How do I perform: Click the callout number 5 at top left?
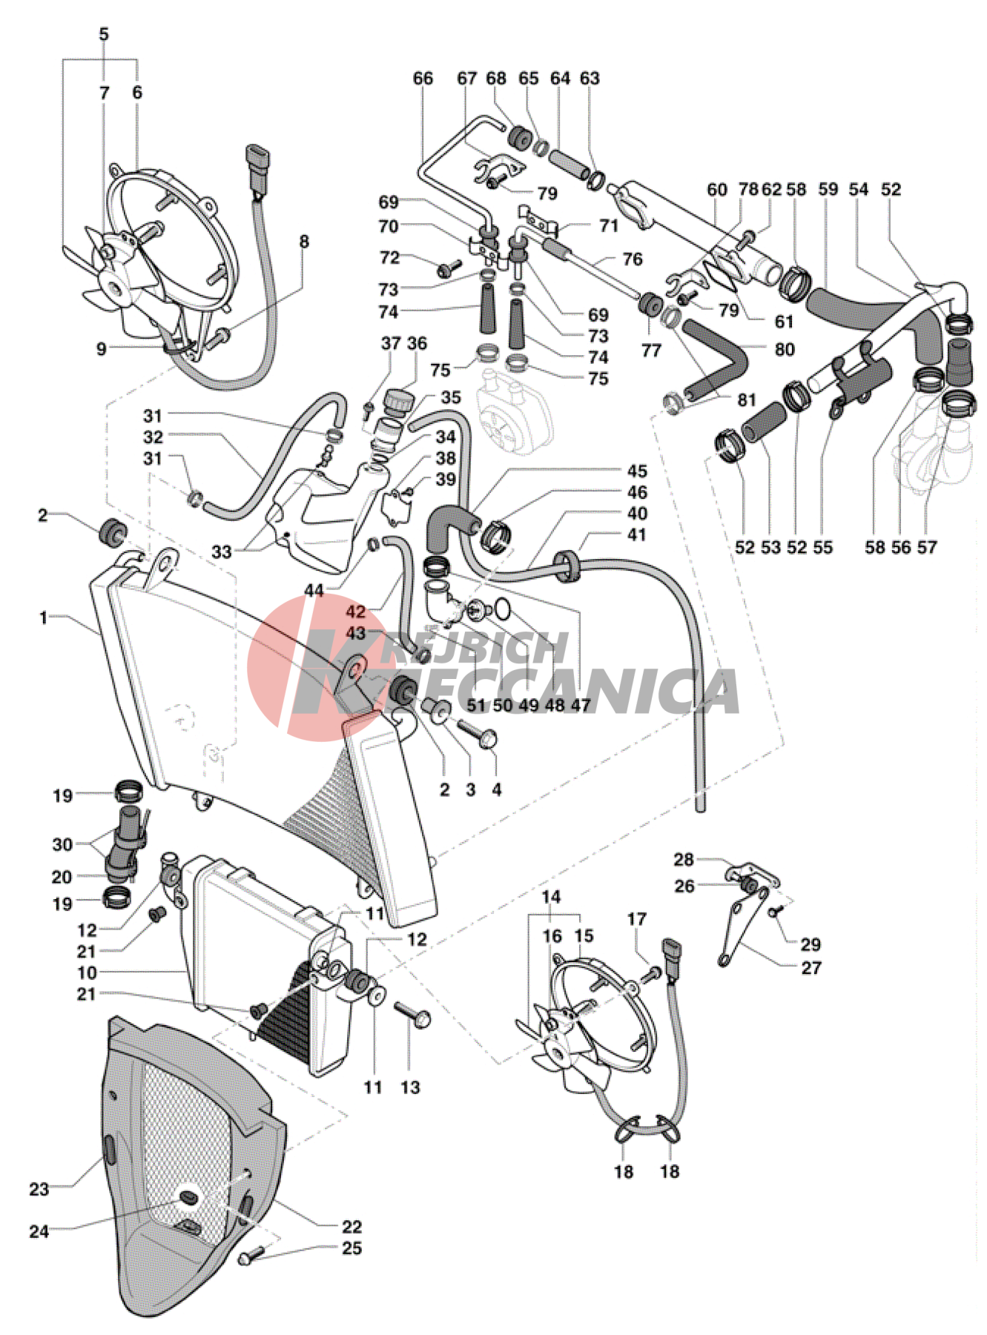pos(104,34)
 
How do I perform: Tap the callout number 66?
pos(423,79)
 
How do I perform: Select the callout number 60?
pos(716,190)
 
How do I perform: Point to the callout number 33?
pos(221,551)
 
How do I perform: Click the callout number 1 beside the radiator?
pos(44,617)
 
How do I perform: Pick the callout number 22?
pos(351,1227)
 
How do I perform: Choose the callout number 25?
pos(351,1248)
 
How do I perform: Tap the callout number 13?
pos(410,1087)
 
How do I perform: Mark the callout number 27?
pos(811,967)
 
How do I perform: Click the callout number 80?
pos(785,349)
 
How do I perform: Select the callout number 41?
pos(637,534)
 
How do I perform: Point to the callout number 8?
pos(304,242)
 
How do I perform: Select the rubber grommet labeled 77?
pos(651,304)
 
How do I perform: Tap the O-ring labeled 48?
pos(504,609)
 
